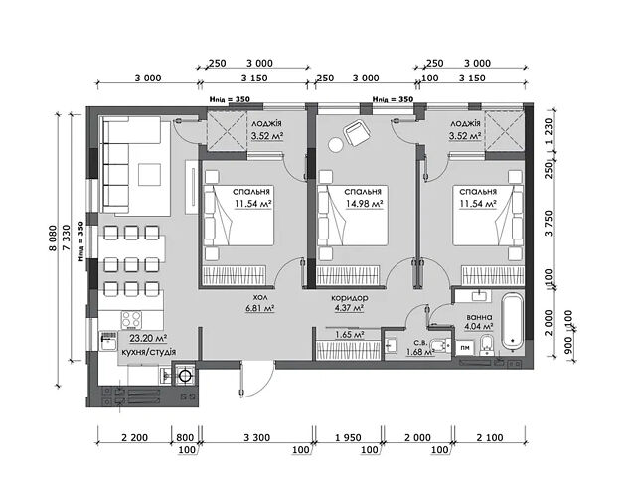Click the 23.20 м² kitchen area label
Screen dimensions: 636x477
pos(148,338)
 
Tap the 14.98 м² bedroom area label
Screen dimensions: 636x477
pos(364,204)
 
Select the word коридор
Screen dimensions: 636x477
pos(350,298)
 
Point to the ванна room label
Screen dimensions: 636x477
pos(479,317)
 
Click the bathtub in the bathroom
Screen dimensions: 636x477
pos(513,321)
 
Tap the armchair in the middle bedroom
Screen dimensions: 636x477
pos(357,132)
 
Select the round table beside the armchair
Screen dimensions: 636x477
pos(336,145)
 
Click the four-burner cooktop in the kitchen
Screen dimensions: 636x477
pos(132,320)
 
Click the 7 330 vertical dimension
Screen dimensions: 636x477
pos(67,239)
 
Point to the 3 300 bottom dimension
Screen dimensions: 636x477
pos(257,437)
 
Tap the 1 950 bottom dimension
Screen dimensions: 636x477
pos(348,437)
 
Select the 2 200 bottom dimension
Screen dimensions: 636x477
pos(135,437)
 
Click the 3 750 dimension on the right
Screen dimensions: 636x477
pos(549,223)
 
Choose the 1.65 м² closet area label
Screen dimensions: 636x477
pos(349,335)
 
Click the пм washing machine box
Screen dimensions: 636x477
pos(465,347)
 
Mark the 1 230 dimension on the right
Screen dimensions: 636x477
pos(549,131)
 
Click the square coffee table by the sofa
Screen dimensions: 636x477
pos(150,175)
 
